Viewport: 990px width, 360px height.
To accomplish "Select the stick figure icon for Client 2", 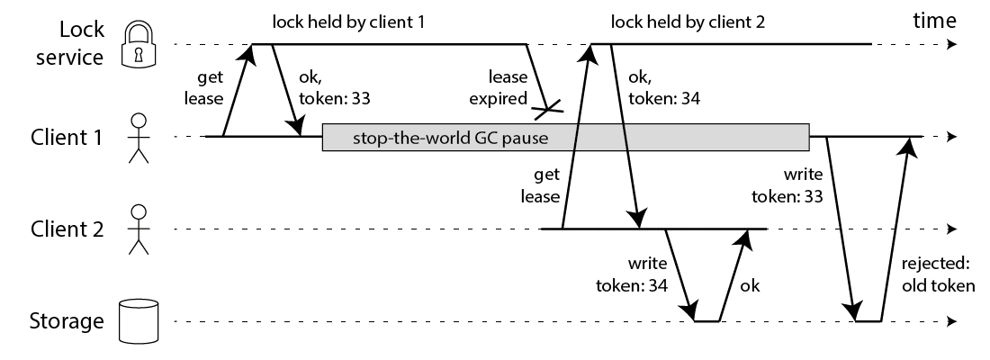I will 138,229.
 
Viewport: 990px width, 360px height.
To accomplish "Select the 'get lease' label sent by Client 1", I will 204,90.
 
